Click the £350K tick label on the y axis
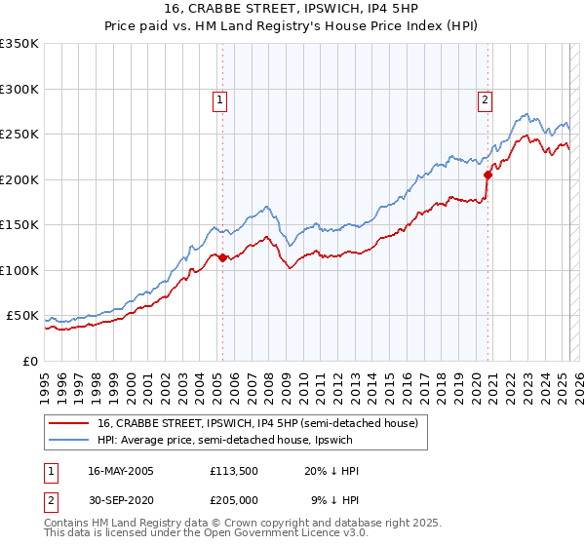tap(19, 44)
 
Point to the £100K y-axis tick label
tap(19, 270)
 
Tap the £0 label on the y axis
tap(27, 361)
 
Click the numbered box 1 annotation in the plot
tap(221, 98)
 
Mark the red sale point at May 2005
tap(222, 258)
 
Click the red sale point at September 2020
tap(487, 175)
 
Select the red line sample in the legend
tap(69, 423)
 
